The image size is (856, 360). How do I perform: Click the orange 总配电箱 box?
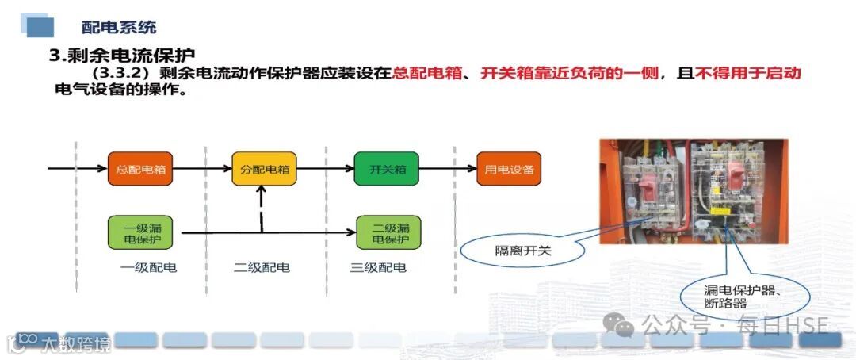pyautogui.click(x=139, y=169)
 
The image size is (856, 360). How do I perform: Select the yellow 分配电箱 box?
pyautogui.click(x=264, y=169)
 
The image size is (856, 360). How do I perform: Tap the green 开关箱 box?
pyautogui.click(x=388, y=169)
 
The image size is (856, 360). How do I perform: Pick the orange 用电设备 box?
pyautogui.click(x=509, y=169)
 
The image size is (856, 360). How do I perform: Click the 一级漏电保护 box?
pyautogui.click(x=139, y=232)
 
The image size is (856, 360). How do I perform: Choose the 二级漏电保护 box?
pyautogui.click(x=388, y=232)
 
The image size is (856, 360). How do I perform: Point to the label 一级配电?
pyautogui.click(x=148, y=267)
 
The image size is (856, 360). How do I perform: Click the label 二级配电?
pyautogui.click(x=262, y=267)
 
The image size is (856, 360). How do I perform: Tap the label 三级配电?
pyautogui.click(x=378, y=267)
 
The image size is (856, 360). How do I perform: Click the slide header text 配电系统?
pyautogui.click(x=119, y=27)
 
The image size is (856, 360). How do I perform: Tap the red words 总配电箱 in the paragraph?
pyautogui.click(x=426, y=73)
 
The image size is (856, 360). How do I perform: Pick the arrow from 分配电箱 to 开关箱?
pyautogui.click(x=325, y=169)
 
